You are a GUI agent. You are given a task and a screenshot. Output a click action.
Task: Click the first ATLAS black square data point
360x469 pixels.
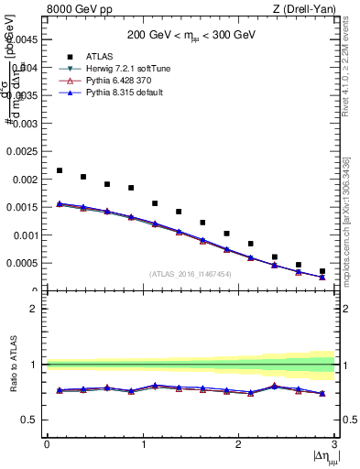point(60,170)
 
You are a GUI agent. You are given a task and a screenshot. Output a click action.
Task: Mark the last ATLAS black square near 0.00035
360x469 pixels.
point(322,271)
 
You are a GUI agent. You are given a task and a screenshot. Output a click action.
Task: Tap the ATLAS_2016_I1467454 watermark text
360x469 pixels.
point(191,274)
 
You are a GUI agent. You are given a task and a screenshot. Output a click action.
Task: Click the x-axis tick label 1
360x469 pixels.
point(143,444)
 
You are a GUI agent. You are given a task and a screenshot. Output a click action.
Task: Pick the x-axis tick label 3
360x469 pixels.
point(335,444)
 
